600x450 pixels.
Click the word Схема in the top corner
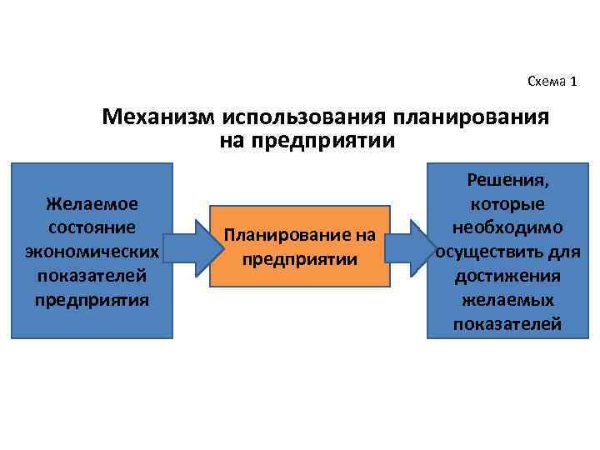tap(545, 81)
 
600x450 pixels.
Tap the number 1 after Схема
tap(572, 81)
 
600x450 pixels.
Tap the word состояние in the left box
tap(92, 227)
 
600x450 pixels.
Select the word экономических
tap(92, 251)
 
